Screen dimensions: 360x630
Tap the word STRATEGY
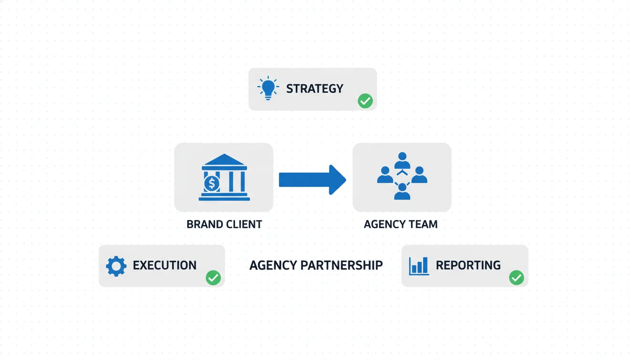point(315,89)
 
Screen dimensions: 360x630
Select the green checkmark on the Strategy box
point(365,101)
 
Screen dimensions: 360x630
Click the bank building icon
point(224,177)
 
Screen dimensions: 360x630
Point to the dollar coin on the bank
point(211,184)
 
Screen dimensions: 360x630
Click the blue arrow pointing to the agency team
point(312,180)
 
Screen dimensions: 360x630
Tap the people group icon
point(402,176)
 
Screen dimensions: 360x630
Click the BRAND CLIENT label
point(224,224)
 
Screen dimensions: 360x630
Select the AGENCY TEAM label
point(401,224)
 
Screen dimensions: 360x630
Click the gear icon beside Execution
point(116,266)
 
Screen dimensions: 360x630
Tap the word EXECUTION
point(165,265)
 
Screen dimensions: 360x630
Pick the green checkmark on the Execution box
point(213,278)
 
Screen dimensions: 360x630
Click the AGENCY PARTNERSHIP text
point(316,265)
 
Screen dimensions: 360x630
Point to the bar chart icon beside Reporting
point(419,265)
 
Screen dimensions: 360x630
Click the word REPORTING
point(468,265)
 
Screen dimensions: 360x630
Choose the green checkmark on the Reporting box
point(517,278)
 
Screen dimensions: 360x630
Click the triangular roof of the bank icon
point(224,160)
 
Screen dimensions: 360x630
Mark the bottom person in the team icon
point(402,191)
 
